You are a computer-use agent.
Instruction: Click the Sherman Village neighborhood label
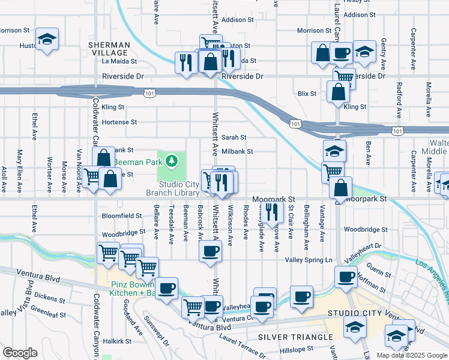tap(109, 49)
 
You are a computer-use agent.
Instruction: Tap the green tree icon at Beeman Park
tap(172, 160)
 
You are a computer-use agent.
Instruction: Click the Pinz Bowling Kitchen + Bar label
tap(125, 288)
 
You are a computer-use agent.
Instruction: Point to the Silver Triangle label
tap(294, 337)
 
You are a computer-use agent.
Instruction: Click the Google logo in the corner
tap(20, 353)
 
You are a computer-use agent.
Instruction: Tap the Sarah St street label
tap(235, 137)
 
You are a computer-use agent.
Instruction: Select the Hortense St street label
tap(119, 122)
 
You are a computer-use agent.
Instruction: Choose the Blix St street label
tap(307, 94)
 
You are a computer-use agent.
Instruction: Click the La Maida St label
tap(119, 61)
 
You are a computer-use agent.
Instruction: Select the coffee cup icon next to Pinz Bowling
tap(166, 287)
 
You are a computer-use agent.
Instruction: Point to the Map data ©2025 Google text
tap(412, 355)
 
